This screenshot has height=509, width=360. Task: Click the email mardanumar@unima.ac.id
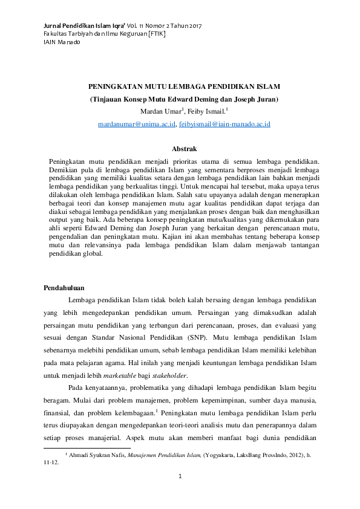point(137,124)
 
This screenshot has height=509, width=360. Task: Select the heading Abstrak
point(184,149)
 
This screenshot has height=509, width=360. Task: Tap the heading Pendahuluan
point(65,287)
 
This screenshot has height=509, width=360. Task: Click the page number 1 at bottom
point(180,478)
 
